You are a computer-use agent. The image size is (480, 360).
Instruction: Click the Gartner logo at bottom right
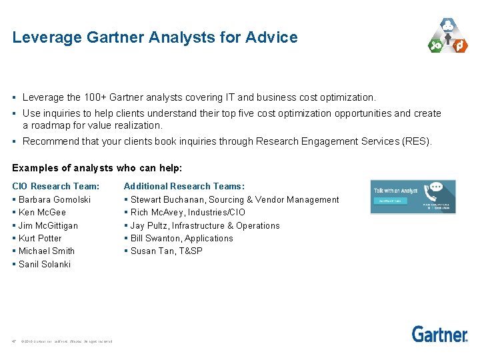pyautogui.click(x=439, y=334)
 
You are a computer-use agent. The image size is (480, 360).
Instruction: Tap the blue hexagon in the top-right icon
pyautogui.click(x=447, y=27)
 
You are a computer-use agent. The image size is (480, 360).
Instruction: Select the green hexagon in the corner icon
pyautogui.click(x=435, y=45)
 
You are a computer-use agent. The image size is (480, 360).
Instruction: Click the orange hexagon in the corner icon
pyautogui.click(x=459, y=45)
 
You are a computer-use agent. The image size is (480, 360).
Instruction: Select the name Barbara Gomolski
pyautogui.click(x=55, y=199)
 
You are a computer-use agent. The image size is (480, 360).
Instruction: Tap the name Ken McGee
pyautogui.click(x=42, y=213)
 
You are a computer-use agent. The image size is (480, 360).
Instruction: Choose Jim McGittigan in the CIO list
pyautogui.click(x=48, y=225)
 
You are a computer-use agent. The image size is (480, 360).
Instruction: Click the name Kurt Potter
pyautogui.click(x=40, y=238)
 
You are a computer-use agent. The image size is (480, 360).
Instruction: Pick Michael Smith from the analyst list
pyautogui.click(x=47, y=251)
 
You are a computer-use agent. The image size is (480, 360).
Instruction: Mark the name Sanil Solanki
pyautogui.click(x=45, y=264)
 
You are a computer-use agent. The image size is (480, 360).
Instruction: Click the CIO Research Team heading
pyautogui.click(x=56, y=186)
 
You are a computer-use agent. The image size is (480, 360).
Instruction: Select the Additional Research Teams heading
pyautogui.click(x=184, y=186)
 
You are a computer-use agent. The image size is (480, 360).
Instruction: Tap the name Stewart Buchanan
pyautogui.click(x=169, y=199)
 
